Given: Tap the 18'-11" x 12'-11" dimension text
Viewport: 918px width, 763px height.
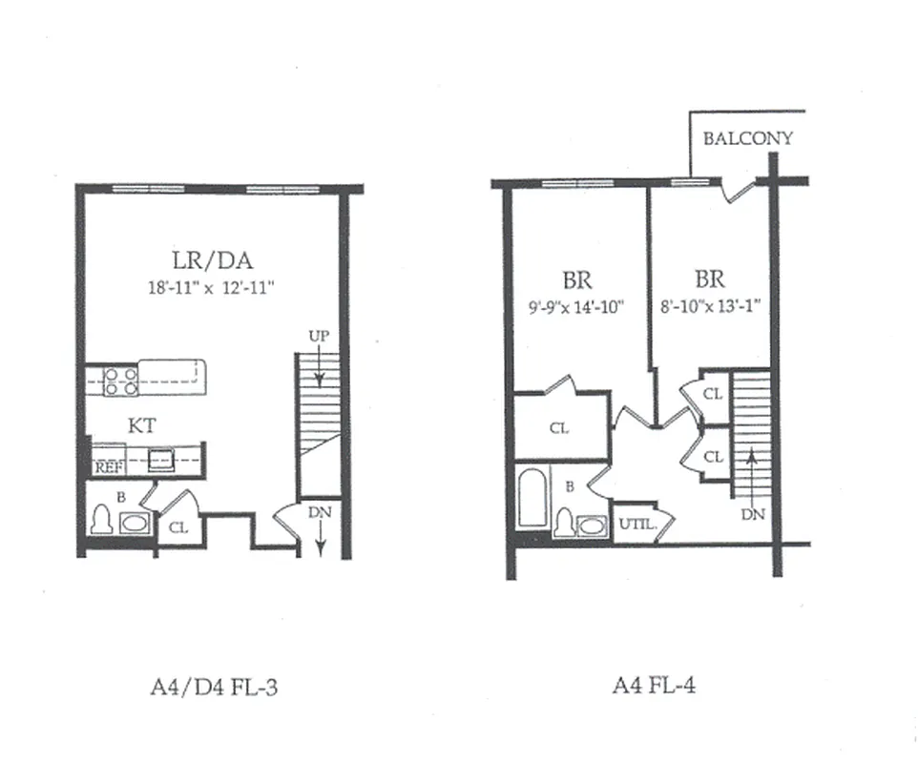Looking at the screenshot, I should coord(211,285).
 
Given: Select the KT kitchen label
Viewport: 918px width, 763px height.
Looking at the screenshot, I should coord(142,425).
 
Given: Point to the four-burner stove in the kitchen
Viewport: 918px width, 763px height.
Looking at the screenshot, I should coord(120,381).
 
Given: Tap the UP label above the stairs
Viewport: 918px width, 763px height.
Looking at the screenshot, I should coord(319,336).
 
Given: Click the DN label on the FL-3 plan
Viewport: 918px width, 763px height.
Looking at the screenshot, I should coord(320,511).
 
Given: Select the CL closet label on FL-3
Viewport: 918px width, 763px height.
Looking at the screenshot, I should coord(178,526).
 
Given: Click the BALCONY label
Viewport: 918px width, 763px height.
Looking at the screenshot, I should coord(748,138).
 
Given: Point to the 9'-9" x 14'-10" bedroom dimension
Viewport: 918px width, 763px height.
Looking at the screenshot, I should coord(576,307).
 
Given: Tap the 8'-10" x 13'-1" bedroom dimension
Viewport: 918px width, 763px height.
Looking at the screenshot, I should coord(709,307).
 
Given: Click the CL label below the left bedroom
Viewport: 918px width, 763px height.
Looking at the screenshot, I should coord(559,429).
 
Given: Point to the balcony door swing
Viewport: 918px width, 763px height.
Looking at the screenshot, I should coord(738,191).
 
